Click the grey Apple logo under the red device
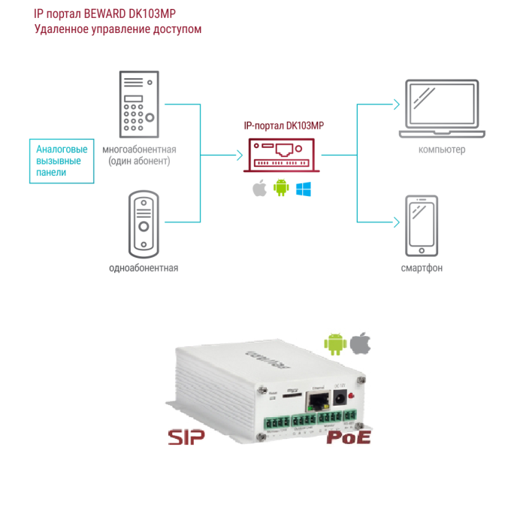(259, 188)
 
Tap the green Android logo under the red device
(281, 188)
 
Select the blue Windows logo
(304, 188)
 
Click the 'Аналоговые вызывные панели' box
(62, 160)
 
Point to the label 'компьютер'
(442, 150)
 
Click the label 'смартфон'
(421, 268)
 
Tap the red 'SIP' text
(186, 438)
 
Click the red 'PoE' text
(348, 436)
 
